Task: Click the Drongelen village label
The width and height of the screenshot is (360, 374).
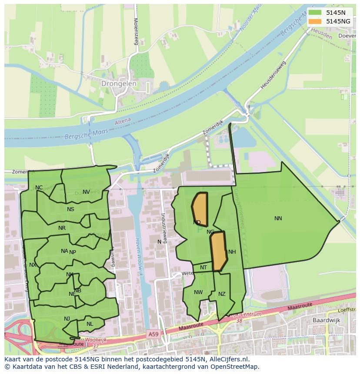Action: click(x=119, y=83)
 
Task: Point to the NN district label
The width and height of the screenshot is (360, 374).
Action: click(x=278, y=218)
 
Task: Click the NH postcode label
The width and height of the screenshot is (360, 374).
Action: click(x=232, y=252)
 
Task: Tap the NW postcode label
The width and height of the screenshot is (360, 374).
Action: click(x=198, y=292)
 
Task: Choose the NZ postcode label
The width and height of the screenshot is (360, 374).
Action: click(x=222, y=294)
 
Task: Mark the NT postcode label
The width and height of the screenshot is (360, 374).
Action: click(x=203, y=268)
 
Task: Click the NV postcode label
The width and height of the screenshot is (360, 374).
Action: click(x=86, y=192)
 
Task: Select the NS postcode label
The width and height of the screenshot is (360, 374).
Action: click(x=70, y=209)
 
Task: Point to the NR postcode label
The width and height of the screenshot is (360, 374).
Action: click(x=62, y=228)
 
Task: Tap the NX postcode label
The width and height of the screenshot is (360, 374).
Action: click(x=33, y=265)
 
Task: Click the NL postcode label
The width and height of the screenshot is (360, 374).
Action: click(x=90, y=324)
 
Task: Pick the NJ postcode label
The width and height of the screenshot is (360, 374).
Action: click(x=67, y=319)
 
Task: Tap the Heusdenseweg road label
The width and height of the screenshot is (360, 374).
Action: click(x=273, y=75)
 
